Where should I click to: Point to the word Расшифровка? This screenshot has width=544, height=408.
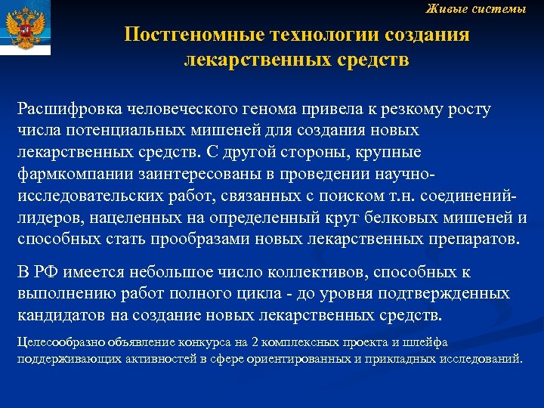63,110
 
